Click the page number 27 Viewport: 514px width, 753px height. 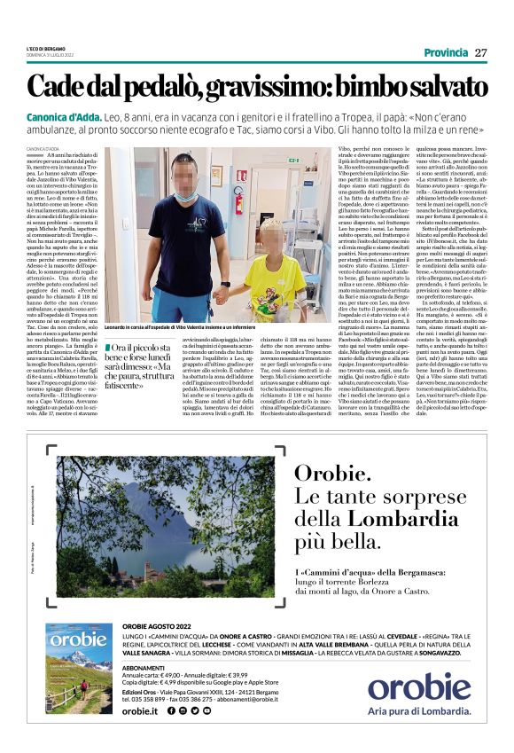click(481, 52)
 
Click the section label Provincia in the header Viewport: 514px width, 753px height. click(446, 52)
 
